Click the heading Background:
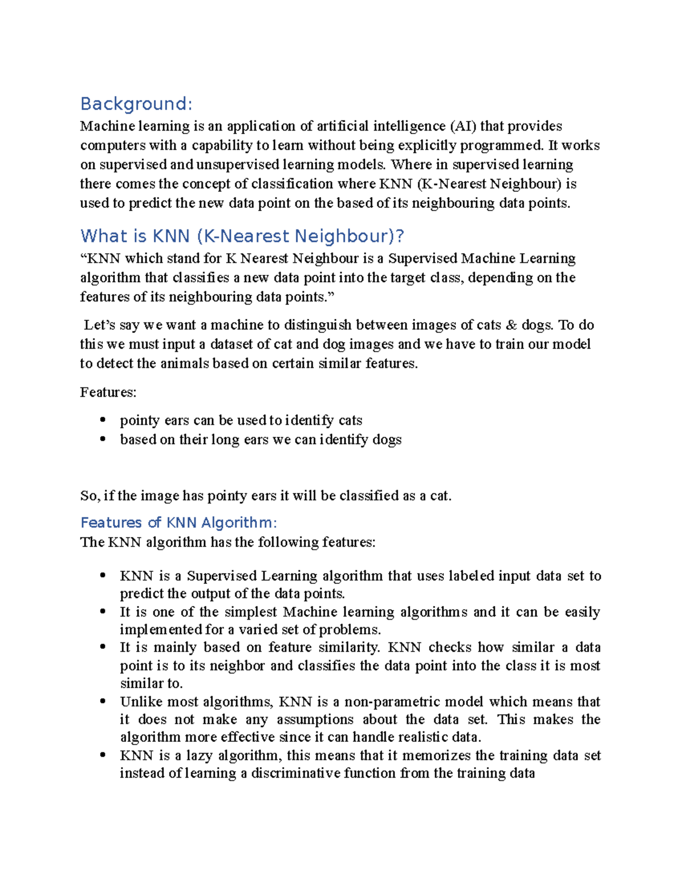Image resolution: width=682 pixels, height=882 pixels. pyautogui.click(x=136, y=104)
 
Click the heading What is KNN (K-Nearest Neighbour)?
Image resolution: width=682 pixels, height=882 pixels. pyautogui.click(x=242, y=236)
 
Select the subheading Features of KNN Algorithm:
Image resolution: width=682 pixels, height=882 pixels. pyautogui.click(x=178, y=522)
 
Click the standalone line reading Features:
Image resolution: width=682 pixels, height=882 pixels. pyautogui.click(x=108, y=392)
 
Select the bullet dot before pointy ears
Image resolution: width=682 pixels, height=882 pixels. pyautogui.click(x=103, y=420)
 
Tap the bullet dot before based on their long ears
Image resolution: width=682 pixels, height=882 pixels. pyautogui.click(x=103, y=439)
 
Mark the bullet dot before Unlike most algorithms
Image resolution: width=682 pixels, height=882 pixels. pyautogui.click(x=103, y=701)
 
